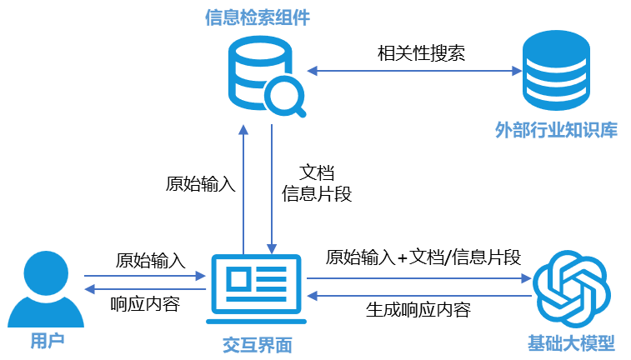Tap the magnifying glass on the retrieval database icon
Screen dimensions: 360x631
pos(286,97)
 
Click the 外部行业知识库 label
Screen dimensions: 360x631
pos(556,130)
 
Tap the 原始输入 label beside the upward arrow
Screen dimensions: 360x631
pos(201,183)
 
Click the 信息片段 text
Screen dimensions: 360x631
pos(318,194)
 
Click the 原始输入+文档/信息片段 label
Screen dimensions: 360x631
pos(423,257)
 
